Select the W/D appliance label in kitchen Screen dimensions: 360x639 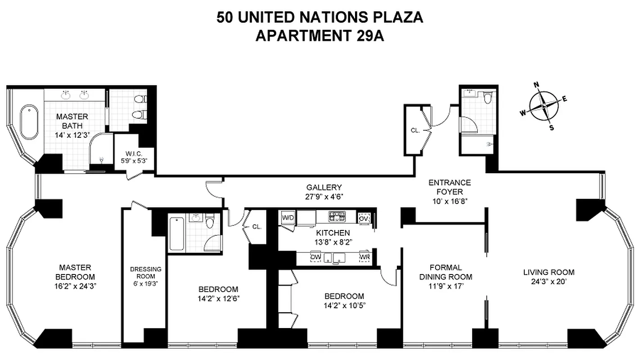tap(288, 218)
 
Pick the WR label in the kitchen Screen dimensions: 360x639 tap(364, 257)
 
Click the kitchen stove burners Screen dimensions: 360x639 tap(337, 216)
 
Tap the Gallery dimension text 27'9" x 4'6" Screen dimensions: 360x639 tap(324, 196)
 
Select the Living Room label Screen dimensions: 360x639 tap(549, 272)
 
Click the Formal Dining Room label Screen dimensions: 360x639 tap(445, 272)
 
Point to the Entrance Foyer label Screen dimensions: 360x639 tap(449, 187)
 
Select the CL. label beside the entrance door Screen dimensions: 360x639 tap(415, 130)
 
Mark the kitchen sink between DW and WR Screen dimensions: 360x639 tap(338, 257)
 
